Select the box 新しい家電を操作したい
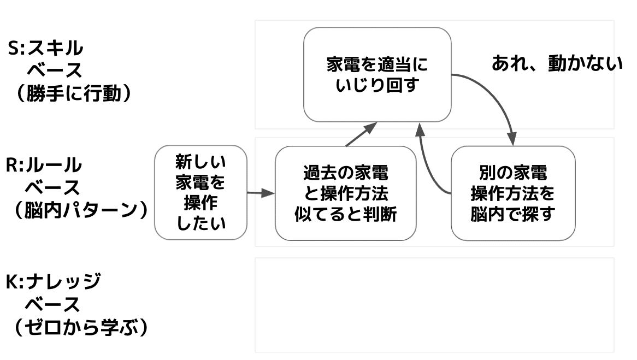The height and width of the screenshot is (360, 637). pyautogui.click(x=200, y=192)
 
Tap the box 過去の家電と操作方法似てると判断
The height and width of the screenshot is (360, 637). pyautogui.click(x=345, y=193)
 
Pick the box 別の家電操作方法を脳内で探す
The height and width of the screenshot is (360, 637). pyautogui.click(x=513, y=193)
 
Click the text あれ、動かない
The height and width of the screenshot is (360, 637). pyautogui.click(x=557, y=64)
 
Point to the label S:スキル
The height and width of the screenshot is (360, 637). pyautogui.click(x=45, y=48)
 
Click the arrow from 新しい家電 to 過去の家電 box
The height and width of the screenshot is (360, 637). pyautogui.click(x=260, y=193)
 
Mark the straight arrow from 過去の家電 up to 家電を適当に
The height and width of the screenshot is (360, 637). pyautogui.click(x=361, y=135)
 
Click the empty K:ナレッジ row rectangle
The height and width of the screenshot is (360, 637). pyautogui.click(x=434, y=305)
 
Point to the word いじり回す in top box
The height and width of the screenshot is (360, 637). pyautogui.click(x=377, y=86)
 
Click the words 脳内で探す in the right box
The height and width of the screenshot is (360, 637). pyautogui.click(x=513, y=214)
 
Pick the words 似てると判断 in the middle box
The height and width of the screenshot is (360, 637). pyautogui.click(x=345, y=214)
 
